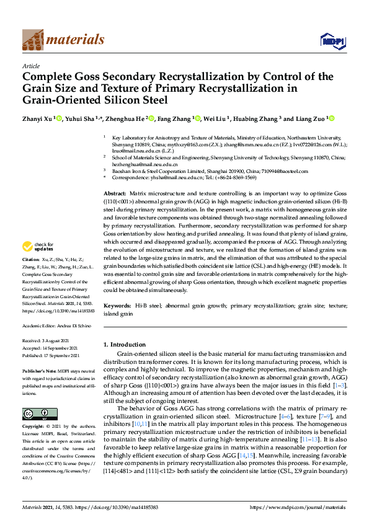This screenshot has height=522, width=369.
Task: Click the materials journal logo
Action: point(63,40)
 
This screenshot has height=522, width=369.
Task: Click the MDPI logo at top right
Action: point(332,40)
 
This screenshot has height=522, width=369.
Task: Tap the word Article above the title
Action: point(31,66)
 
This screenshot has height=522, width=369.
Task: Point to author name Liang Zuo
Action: point(309,118)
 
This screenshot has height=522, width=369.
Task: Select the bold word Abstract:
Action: point(115,194)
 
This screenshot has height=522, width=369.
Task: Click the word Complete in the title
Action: point(51,77)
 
